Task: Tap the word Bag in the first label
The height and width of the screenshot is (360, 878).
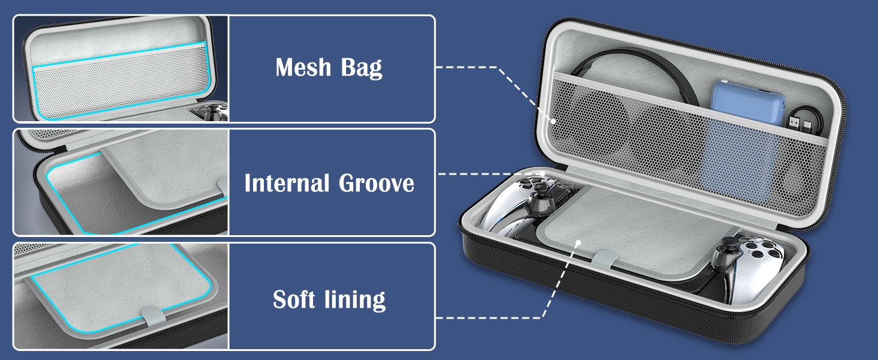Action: (x=361, y=68)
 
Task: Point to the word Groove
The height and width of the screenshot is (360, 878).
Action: (x=377, y=182)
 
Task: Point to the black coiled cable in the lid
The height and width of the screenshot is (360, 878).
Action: (x=636, y=66)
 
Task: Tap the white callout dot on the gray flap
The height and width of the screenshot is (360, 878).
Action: (x=578, y=242)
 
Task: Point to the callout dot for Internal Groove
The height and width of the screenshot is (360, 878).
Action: (x=543, y=173)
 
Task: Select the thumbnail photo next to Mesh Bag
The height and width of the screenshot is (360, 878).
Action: (x=121, y=68)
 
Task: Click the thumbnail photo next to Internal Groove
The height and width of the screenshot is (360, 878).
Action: (x=121, y=182)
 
